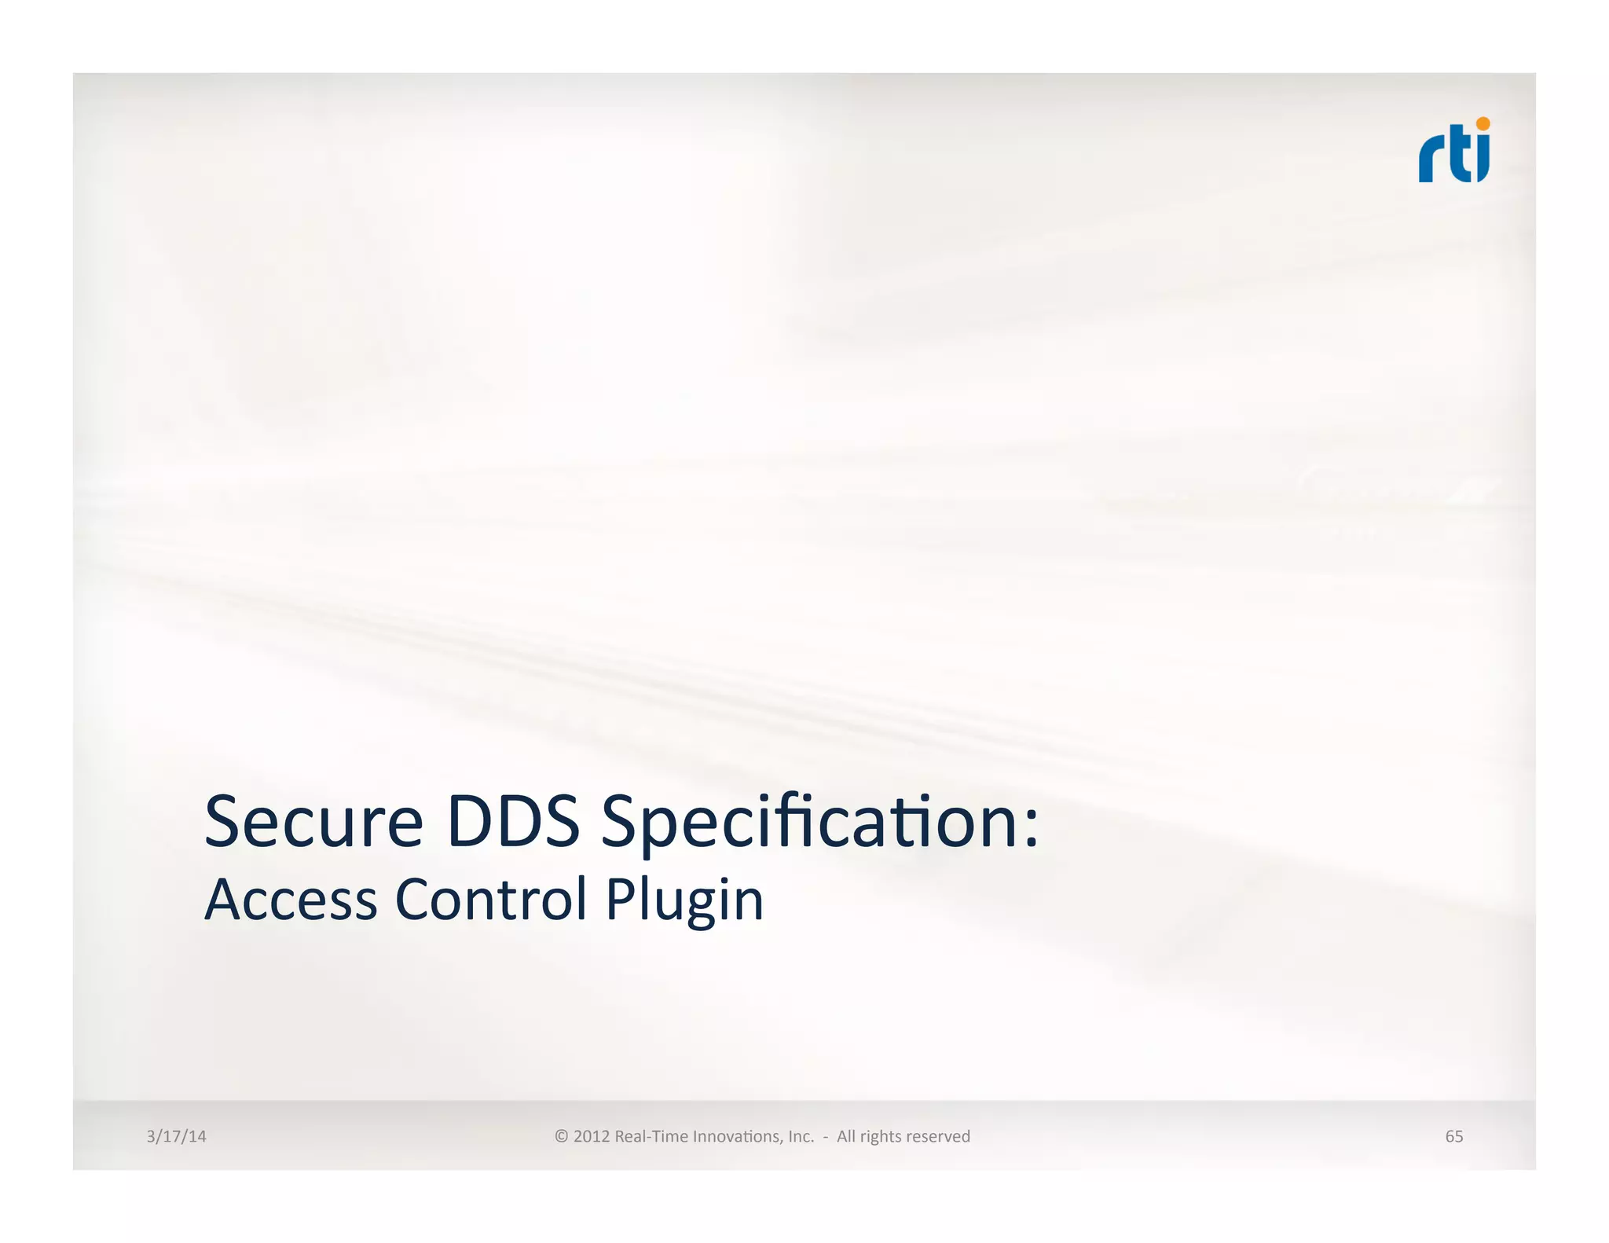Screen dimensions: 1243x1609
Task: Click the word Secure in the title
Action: click(x=313, y=822)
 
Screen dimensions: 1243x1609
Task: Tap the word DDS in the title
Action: click(x=513, y=822)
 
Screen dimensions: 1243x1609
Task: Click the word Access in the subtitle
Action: click(x=291, y=900)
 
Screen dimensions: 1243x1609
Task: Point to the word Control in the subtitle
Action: click(x=491, y=900)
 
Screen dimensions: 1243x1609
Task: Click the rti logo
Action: click(x=1453, y=151)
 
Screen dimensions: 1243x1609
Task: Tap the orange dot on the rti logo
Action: click(x=1483, y=123)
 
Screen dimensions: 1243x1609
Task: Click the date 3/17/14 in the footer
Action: click(x=176, y=1136)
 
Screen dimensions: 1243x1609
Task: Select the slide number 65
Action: click(x=1453, y=1136)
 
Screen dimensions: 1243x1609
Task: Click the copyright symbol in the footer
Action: click(x=561, y=1136)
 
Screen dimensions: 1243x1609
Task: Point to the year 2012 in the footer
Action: click(x=592, y=1136)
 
